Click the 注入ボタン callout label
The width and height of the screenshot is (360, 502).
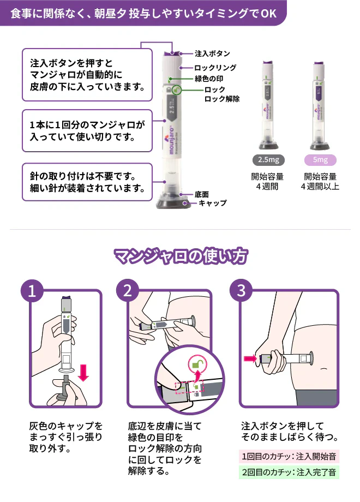click(x=212, y=53)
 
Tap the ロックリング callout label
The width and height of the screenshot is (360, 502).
click(x=215, y=68)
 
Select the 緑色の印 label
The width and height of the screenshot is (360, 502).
click(x=209, y=79)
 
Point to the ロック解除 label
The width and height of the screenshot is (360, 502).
click(x=222, y=99)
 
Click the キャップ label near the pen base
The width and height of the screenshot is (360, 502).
click(x=213, y=203)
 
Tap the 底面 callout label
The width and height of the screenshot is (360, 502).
click(x=202, y=194)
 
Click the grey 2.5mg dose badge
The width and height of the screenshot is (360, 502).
click(x=268, y=160)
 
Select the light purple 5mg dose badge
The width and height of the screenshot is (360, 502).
click(x=320, y=160)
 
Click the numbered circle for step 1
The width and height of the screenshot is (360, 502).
click(x=32, y=291)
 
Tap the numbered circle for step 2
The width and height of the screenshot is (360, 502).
click(x=128, y=291)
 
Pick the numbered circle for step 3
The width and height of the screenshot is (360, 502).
click(x=241, y=291)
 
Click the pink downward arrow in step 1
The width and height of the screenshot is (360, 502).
click(x=83, y=372)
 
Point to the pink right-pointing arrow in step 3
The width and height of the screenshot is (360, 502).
click(x=250, y=358)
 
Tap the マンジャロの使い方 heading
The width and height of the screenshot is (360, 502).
click(x=181, y=256)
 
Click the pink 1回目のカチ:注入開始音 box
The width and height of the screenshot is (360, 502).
click(x=289, y=456)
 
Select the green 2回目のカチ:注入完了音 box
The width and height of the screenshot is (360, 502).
click(x=289, y=472)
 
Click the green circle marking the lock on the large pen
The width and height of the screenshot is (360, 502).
click(x=176, y=90)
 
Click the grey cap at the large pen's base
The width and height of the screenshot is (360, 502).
click(x=172, y=201)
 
